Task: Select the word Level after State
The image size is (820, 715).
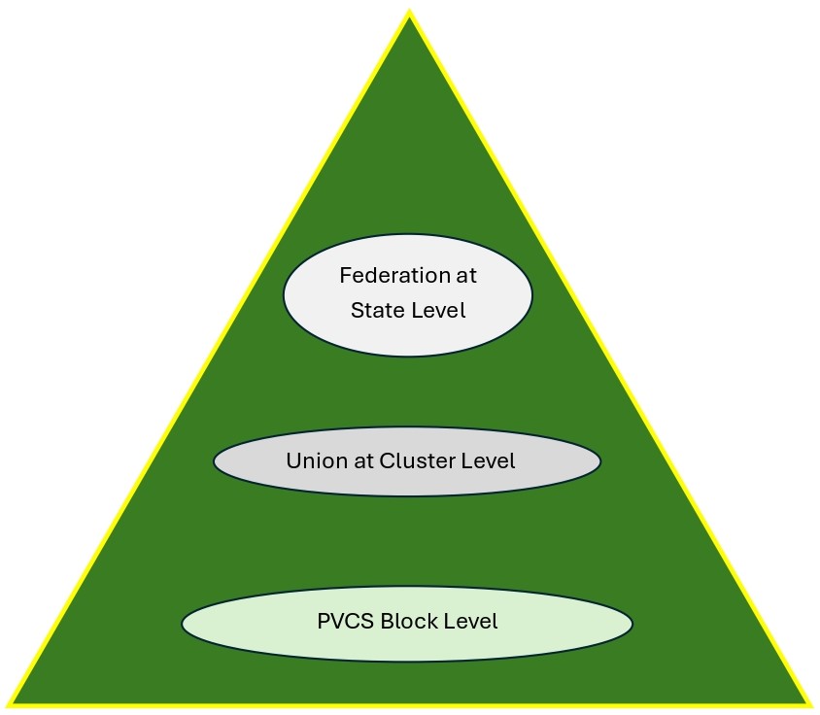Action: [437, 311]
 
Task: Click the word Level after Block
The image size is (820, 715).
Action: [470, 622]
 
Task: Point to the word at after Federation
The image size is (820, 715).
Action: [466, 276]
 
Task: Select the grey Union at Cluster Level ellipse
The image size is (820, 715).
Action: [407, 484]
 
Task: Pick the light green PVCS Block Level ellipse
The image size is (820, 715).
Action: [407, 646]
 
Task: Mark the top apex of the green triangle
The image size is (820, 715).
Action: [409, 15]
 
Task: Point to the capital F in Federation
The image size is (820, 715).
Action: [346, 276]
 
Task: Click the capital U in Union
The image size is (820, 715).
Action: [292, 460]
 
